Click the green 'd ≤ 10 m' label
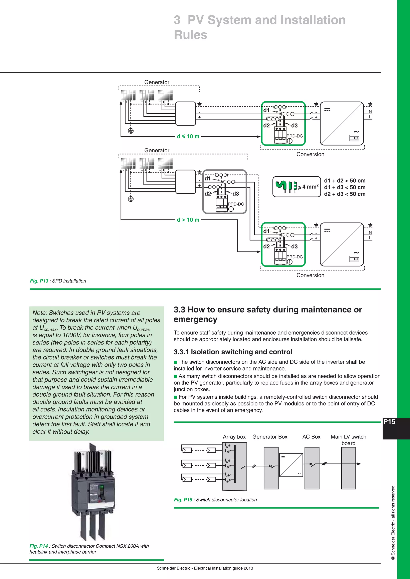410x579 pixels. (188, 136)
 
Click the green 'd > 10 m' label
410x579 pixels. (188, 220)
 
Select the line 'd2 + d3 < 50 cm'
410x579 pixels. (345, 194)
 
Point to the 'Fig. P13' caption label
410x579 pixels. (39, 281)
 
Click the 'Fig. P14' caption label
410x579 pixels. (38, 546)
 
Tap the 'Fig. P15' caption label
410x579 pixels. (183, 500)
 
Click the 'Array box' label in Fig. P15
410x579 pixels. (234, 437)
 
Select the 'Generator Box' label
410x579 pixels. (270, 437)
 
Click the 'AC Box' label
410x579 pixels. (311, 437)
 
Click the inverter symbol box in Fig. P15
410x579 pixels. (291, 465)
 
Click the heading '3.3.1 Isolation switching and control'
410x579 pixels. (233, 352)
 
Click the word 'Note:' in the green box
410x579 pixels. (40, 313)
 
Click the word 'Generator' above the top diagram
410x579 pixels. (157, 82)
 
